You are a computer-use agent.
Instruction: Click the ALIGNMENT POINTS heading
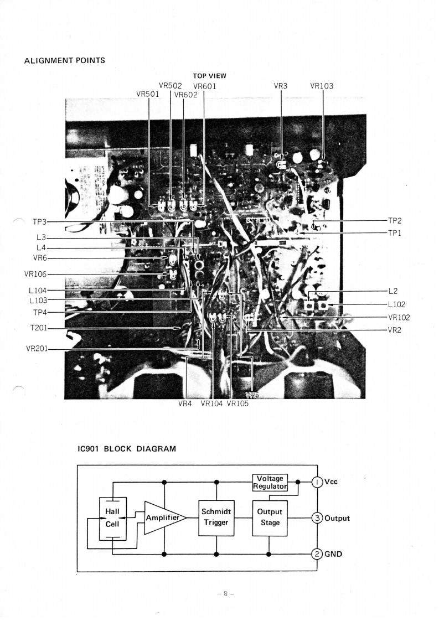click(65, 60)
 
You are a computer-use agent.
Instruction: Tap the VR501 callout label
click(147, 94)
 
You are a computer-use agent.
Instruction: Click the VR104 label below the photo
click(211, 403)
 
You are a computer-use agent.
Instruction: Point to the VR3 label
click(281, 86)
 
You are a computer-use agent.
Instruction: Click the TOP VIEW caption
click(209, 76)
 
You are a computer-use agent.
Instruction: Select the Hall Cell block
click(112, 518)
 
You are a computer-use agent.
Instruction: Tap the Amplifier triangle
click(163, 517)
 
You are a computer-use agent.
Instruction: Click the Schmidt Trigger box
click(216, 517)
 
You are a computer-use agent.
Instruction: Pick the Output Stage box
click(270, 518)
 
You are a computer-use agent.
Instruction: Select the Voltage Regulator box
click(270, 482)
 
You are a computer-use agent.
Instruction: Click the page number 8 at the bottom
click(226, 594)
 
